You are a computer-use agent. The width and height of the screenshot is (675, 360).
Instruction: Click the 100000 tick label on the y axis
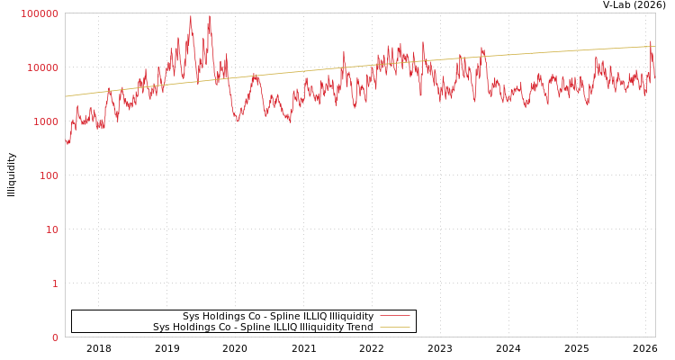point(40,13)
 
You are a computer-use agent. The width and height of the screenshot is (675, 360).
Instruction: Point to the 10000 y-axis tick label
point(42,67)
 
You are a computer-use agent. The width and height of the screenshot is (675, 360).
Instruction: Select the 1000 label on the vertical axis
point(45,121)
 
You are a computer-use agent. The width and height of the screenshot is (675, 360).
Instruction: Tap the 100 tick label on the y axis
point(48,175)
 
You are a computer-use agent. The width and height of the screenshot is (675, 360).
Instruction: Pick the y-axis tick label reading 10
point(51,229)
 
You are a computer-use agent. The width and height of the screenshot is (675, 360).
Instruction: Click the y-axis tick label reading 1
point(55,283)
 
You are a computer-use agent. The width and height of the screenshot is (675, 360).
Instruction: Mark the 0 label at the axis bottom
point(55,337)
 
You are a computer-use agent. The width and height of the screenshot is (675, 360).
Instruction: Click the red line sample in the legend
point(394,316)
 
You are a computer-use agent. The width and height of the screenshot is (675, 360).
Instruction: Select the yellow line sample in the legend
point(394,328)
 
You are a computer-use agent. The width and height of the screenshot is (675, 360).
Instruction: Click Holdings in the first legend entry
point(225,316)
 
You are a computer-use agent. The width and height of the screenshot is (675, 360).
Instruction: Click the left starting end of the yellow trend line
point(66,96)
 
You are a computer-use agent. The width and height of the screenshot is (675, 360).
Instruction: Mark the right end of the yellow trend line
point(654,46)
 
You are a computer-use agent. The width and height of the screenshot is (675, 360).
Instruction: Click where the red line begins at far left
point(66,141)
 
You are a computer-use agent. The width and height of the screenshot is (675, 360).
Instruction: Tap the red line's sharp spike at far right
point(651,41)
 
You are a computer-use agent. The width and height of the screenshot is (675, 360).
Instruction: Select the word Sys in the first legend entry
point(192,316)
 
